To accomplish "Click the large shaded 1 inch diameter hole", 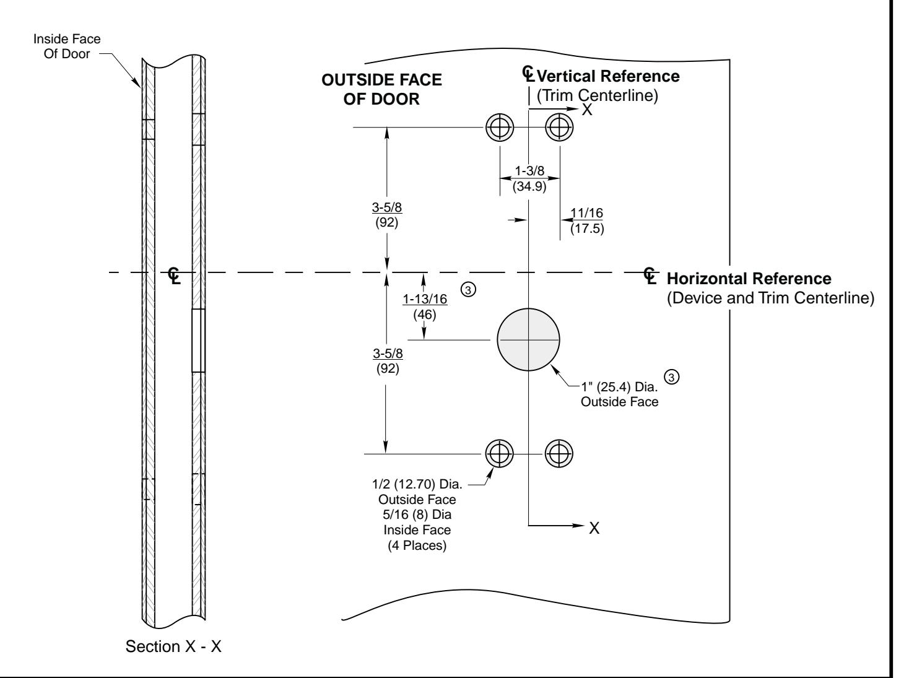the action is pyautogui.click(x=528, y=339).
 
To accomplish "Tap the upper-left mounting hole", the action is pyautogui.click(x=500, y=127).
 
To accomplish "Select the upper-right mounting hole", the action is pyautogui.click(x=560, y=127).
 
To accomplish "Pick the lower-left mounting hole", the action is pyautogui.click(x=500, y=454).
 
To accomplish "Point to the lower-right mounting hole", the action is pyautogui.click(x=559, y=454).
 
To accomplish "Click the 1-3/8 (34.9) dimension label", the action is pyautogui.click(x=529, y=178).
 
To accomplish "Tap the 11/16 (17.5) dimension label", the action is pyautogui.click(x=587, y=220).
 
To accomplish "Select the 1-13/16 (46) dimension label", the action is pyautogui.click(x=425, y=306).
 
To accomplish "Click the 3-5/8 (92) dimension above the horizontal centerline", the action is pyautogui.click(x=387, y=215).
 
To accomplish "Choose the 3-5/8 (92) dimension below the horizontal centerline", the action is pyautogui.click(x=388, y=361).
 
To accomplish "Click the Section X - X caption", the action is pyautogui.click(x=173, y=646).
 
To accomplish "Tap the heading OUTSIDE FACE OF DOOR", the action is pyautogui.click(x=381, y=89).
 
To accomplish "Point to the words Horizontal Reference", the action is pyautogui.click(x=749, y=279).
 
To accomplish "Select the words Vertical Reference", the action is pyautogui.click(x=608, y=76).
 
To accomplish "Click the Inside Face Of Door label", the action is pyautogui.click(x=67, y=46).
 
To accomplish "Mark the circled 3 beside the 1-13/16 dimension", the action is pyautogui.click(x=468, y=290).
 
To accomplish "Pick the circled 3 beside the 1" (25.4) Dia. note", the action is pyautogui.click(x=672, y=376).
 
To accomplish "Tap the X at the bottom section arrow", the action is pyautogui.click(x=594, y=528).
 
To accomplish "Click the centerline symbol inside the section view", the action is pyautogui.click(x=174, y=276).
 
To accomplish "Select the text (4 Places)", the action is pyautogui.click(x=417, y=545).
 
